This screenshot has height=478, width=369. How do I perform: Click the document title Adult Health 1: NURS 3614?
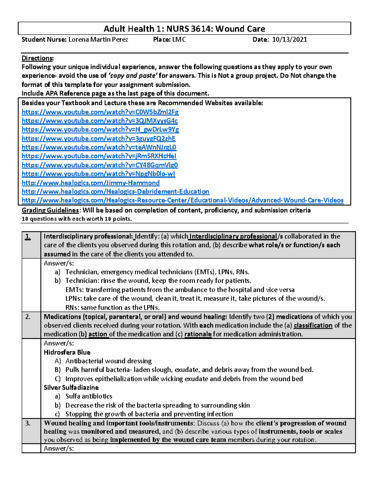tap(184, 29)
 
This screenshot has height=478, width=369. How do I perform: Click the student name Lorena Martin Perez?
tap(98, 39)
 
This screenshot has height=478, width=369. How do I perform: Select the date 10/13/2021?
tap(289, 39)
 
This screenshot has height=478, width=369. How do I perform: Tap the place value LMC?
tap(179, 39)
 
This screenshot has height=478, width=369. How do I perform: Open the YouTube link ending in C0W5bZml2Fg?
tap(100, 112)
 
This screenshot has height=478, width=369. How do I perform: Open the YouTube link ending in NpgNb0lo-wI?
tap(98, 174)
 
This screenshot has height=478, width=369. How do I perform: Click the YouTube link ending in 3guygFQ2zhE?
tap(98, 139)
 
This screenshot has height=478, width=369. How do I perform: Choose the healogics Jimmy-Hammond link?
tap(90, 183)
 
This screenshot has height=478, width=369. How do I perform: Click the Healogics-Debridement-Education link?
tap(115, 191)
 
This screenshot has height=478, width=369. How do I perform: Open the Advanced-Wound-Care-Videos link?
tap(182, 200)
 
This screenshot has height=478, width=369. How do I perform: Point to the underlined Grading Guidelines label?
tap(50, 210)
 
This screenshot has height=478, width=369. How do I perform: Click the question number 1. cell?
tap(28, 237)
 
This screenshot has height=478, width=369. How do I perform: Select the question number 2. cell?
tap(28, 317)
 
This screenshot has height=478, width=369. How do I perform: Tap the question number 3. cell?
tap(28, 423)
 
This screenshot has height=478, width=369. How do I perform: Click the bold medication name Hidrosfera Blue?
tap(67, 352)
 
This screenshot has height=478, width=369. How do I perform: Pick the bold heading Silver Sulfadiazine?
tap(71, 388)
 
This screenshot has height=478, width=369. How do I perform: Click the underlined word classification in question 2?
tap(313, 325)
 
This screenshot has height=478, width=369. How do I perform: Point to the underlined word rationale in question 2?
tap(198, 334)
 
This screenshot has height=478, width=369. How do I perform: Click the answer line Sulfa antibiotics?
tap(89, 396)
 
